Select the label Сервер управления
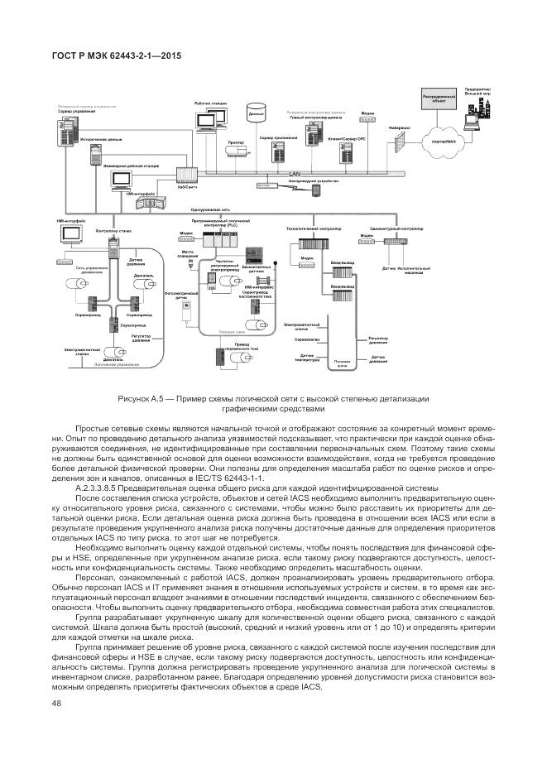pyautogui.click(x=76, y=111)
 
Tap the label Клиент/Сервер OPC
pyautogui.click(x=347, y=139)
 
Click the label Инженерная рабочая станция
pyautogui.click(x=125, y=167)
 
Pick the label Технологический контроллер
pyautogui.click(x=308, y=227)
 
